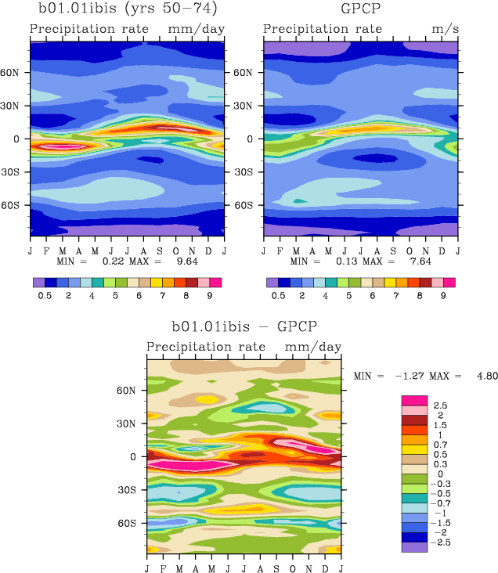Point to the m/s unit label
pos(442,30)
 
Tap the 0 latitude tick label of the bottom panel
pos(132,456)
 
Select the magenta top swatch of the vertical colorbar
pos(413,400)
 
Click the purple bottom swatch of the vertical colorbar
pos(413,547)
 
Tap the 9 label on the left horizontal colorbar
pos(210,297)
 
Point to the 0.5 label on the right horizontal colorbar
pos(278,297)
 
